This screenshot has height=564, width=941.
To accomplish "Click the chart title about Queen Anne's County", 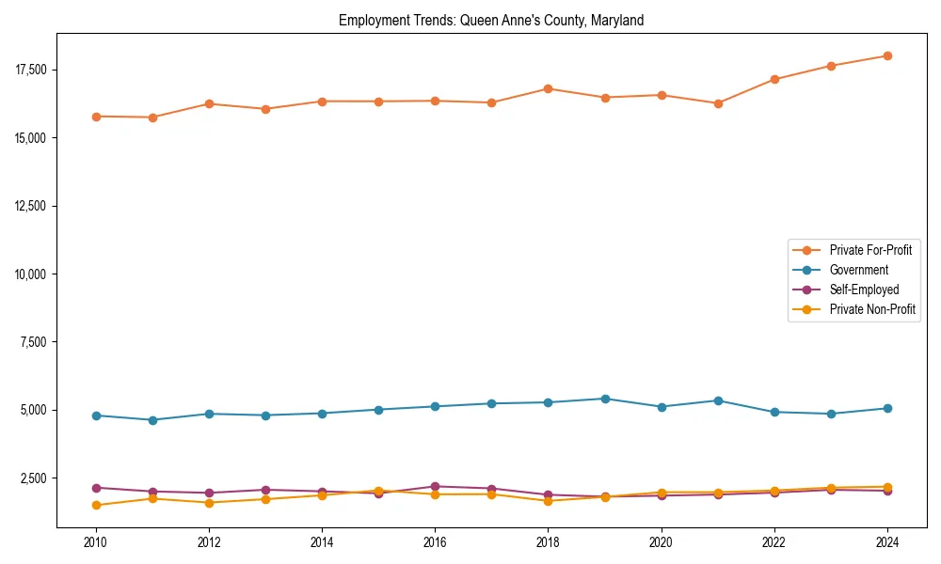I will (x=491, y=21).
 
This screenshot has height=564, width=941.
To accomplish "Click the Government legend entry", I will (x=858, y=270).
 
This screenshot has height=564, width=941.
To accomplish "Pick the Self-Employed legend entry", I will (x=864, y=290).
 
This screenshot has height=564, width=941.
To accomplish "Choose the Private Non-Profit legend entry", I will (x=872, y=309).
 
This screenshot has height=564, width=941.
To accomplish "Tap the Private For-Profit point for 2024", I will (x=887, y=55).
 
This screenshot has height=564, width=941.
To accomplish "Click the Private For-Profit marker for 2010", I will (x=96, y=117).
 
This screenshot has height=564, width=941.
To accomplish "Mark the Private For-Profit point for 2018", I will (x=549, y=88).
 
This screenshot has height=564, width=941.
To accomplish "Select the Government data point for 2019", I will (x=605, y=399).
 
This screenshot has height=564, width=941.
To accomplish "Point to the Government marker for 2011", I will (x=152, y=420).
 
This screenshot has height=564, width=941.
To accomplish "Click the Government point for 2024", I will (x=887, y=408).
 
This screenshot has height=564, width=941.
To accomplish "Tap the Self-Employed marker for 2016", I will (x=435, y=486).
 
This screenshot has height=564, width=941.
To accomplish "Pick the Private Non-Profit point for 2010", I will (x=96, y=505).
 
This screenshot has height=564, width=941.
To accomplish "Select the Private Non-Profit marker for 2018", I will (x=549, y=501).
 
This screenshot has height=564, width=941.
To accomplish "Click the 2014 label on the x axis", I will (x=322, y=542).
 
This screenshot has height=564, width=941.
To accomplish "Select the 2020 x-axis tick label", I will (x=662, y=542).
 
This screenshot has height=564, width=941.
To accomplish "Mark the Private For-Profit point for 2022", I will (x=774, y=79).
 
